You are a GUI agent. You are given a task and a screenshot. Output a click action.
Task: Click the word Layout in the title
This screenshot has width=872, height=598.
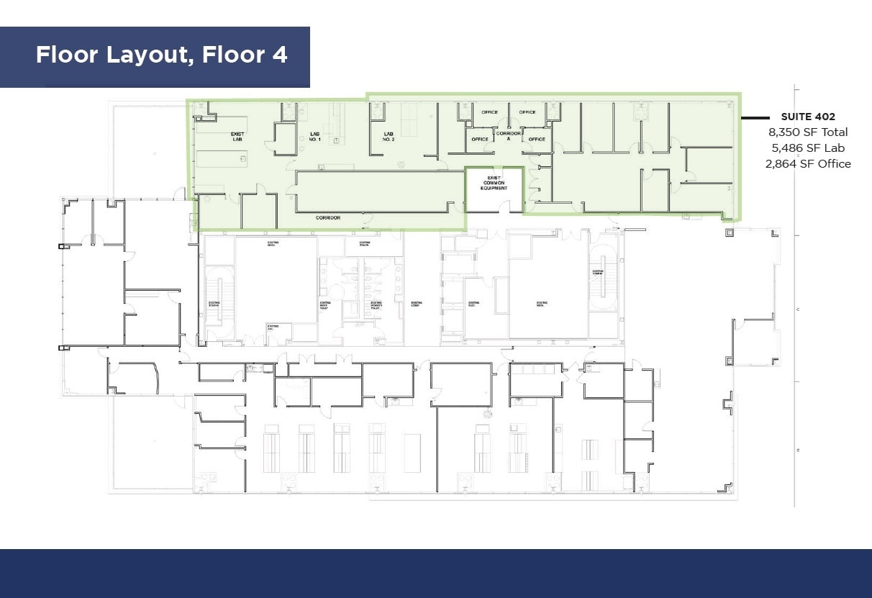[x=149, y=55]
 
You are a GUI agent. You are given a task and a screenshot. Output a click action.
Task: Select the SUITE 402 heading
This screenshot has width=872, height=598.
[x=807, y=117]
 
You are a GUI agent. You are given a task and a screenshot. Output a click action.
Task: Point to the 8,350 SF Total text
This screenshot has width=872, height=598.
[x=807, y=132]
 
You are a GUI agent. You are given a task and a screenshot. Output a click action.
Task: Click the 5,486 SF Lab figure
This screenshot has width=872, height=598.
[x=807, y=148]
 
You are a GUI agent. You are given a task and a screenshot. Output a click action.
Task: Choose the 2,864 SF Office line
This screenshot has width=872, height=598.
[x=807, y=164]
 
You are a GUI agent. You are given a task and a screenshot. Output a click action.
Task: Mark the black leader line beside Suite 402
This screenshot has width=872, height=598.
[x=758, y=117]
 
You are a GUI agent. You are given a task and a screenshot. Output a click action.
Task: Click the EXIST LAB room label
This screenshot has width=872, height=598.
[x=237, y=137]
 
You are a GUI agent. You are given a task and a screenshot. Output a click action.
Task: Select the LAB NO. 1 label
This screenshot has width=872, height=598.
[x=314, y=137]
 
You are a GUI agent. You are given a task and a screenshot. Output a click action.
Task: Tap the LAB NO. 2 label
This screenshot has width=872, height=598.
[x=389, y=137]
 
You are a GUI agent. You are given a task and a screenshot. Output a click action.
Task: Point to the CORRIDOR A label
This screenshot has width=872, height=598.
[x=509, y=137]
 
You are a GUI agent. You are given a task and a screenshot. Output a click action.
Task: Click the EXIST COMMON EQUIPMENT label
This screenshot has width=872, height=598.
[x=494, y=183]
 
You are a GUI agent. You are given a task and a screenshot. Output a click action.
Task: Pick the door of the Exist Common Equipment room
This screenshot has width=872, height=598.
[x=507, y=207]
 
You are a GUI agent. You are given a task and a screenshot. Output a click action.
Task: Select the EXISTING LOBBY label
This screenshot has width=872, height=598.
[x=416, y=304]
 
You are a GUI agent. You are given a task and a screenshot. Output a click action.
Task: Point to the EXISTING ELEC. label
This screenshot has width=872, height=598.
[x=473, y=304]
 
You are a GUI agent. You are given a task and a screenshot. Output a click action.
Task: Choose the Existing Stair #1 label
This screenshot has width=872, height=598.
[x=214, y=304]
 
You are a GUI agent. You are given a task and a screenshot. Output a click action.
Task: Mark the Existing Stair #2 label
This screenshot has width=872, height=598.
[x=597, y=273]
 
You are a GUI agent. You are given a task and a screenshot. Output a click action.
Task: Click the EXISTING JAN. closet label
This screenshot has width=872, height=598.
[x=273, y=327]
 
